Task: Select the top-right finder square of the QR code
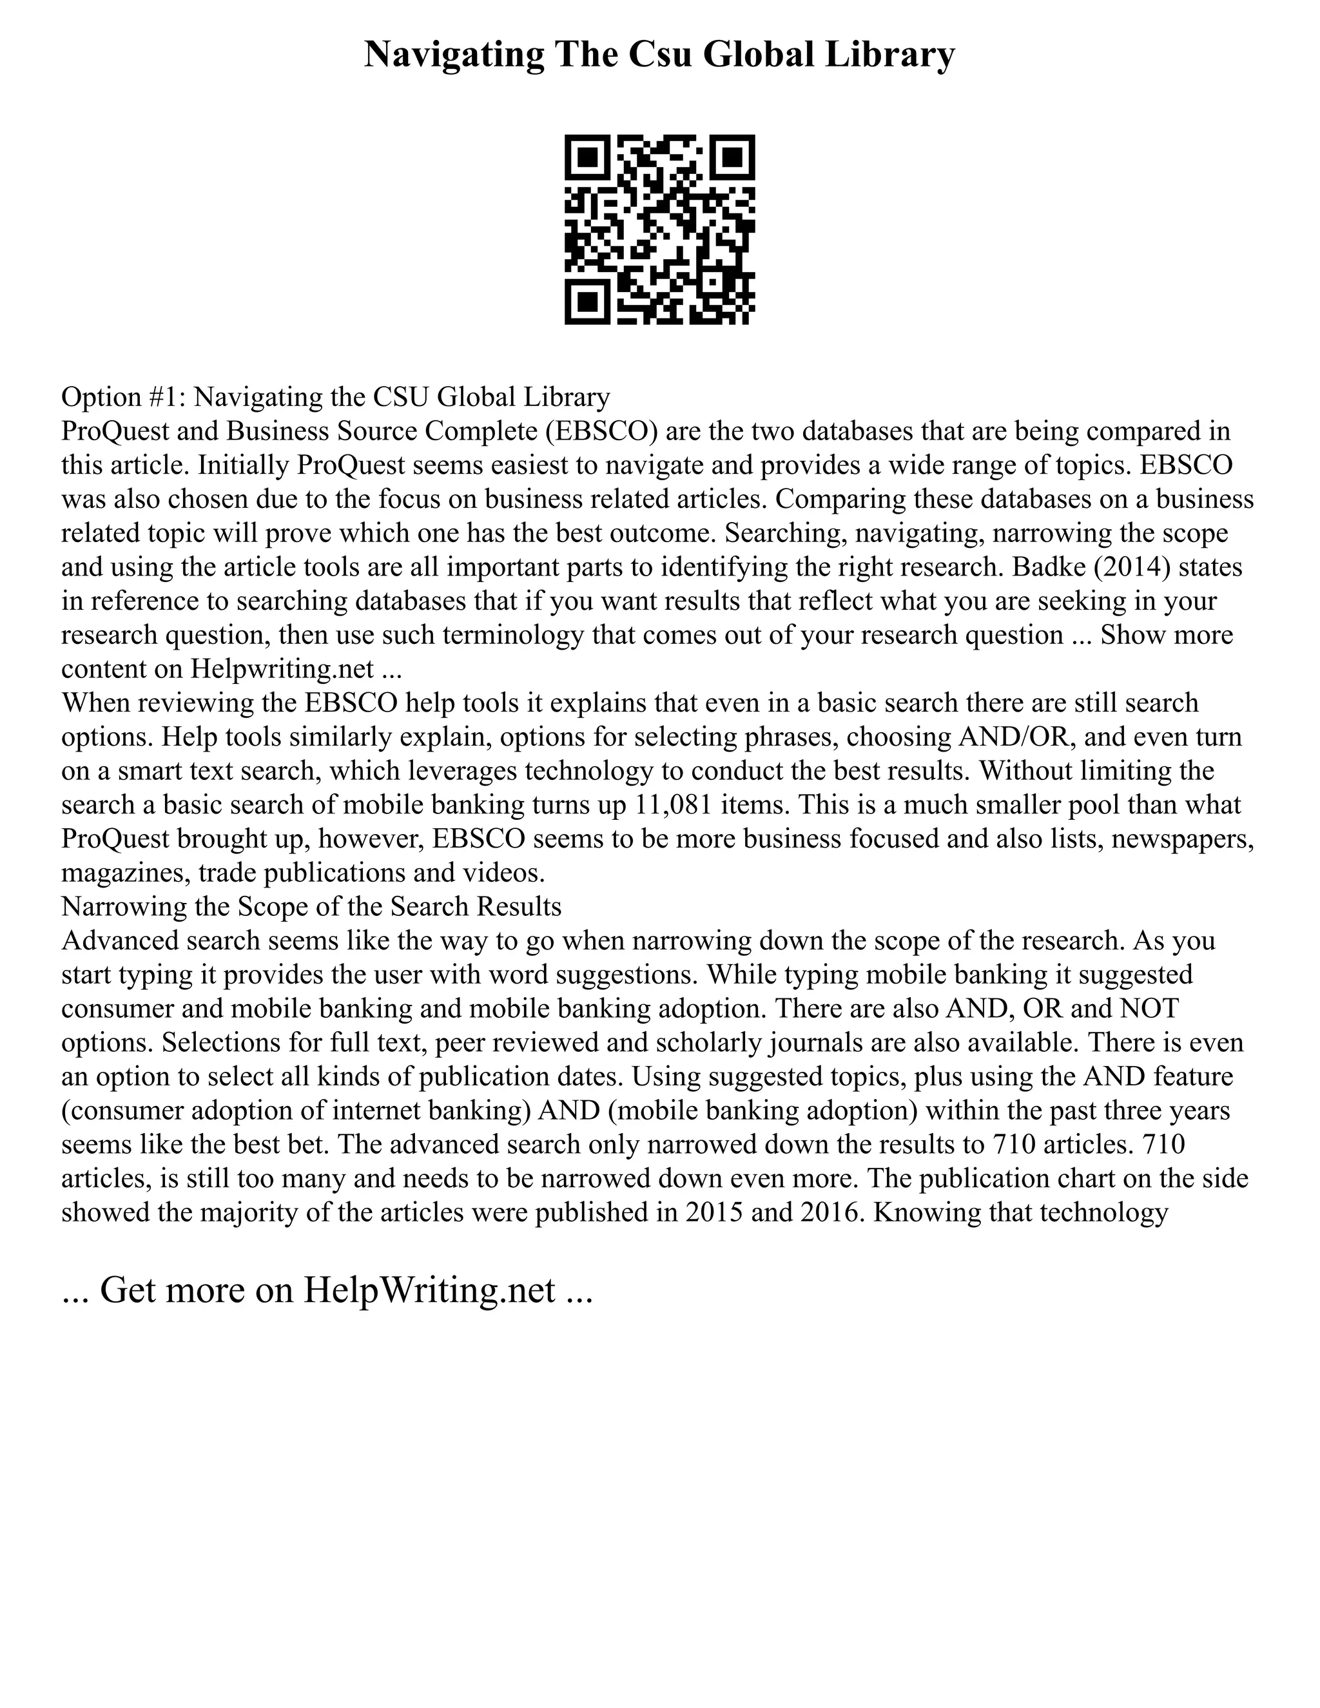[732, 158]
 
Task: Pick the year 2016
[825, 1212]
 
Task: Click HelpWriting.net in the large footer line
[429, 1290]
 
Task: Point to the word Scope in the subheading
[272, 906]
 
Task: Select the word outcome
[661, 532]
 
